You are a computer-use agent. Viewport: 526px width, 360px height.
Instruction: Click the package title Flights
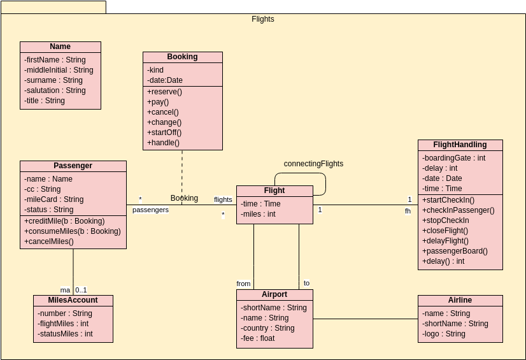coord(262,19)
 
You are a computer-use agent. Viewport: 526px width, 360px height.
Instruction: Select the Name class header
coord(60,47)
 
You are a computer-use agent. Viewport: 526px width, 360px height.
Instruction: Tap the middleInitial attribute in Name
coord(59,70)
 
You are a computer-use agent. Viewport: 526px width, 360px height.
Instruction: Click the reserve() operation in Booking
coord(164,92)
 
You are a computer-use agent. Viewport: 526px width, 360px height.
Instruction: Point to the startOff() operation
coord(164,133)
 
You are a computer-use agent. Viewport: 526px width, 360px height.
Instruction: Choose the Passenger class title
coord(73,166)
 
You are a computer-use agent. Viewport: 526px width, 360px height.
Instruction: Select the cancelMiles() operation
coord(49,241)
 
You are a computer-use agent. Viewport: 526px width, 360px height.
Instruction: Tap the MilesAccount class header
coord(73,300)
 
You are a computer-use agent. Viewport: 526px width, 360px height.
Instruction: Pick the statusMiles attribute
coord(65,334)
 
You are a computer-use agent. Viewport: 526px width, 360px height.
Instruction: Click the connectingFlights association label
coord(313,164)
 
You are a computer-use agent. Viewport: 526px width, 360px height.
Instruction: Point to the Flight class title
coord(274,191)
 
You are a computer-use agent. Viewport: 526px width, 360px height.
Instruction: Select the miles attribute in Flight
coord(258,214)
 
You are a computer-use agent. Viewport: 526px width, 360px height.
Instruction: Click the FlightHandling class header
coord(460,145)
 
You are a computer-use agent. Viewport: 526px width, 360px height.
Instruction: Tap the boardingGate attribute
coord(453,158)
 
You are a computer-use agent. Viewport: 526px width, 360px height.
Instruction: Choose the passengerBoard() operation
coord(455,251)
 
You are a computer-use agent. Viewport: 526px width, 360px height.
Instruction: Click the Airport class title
coord(274,294)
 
